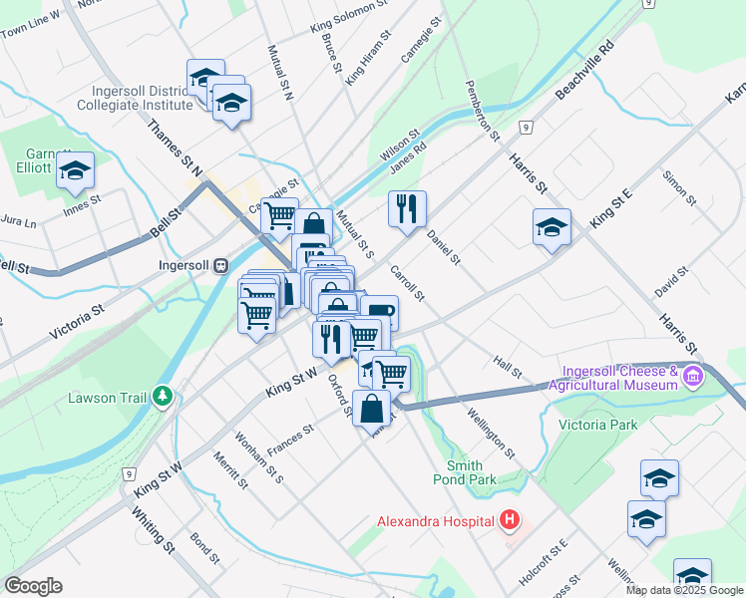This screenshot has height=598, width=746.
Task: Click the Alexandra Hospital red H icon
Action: (x=510, y=520)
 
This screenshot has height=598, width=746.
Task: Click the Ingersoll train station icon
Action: (x=220, y=266)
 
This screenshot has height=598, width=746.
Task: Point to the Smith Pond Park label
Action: (x=472, y=472)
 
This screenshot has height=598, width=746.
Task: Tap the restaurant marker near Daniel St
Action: (x=407, y=208)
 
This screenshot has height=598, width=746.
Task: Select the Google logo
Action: (x=33, y=586)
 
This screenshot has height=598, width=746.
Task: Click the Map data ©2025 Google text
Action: (x=684, y=590)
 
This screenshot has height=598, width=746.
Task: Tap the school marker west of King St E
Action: (x=552, y=227)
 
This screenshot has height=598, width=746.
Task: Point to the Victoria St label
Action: (x=78, y=325)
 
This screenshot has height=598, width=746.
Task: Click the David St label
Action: (x=672, y=281)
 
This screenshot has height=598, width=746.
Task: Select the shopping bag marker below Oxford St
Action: (x=371, y=407)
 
